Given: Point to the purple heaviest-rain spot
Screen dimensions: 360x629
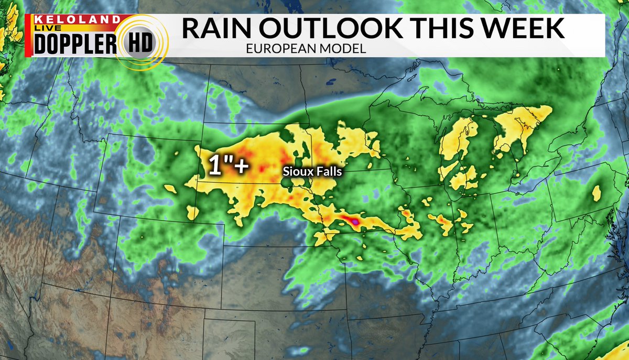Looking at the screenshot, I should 355,222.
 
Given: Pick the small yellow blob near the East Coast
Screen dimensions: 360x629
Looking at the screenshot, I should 597,193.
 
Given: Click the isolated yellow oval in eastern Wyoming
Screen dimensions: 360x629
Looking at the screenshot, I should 170,188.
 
